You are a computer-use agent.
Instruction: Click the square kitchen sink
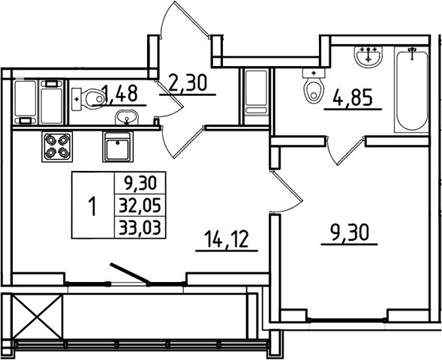point(119,148)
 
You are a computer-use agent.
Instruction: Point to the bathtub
point(411,90)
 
